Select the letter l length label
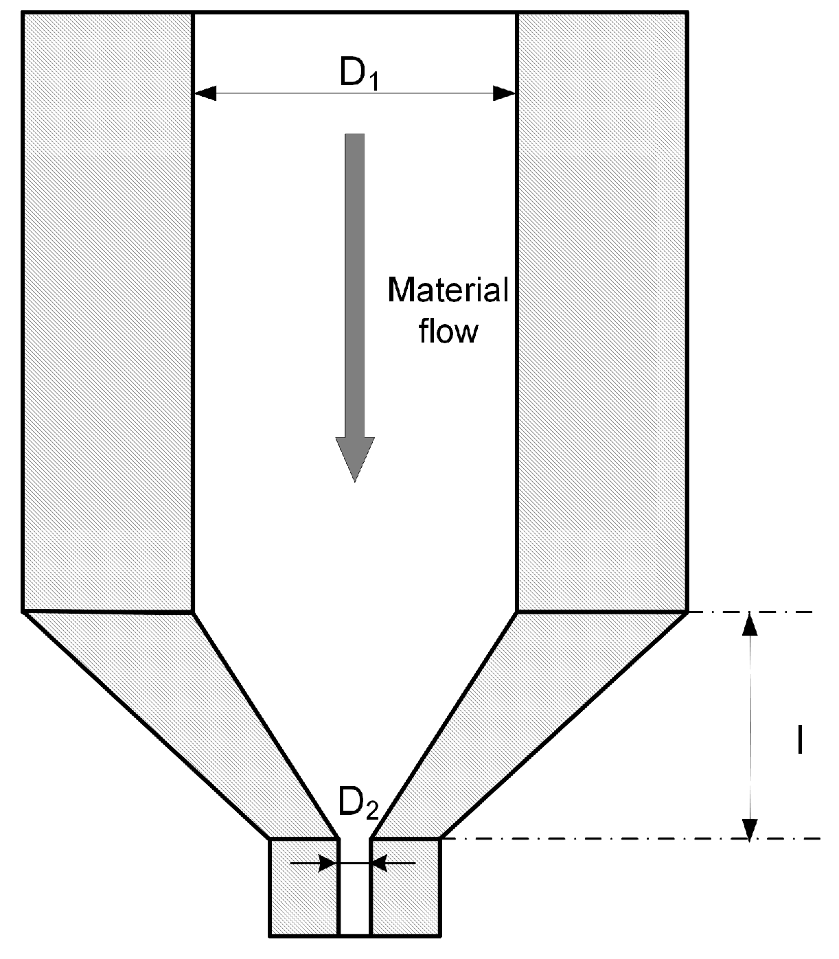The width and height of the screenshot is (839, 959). coord(799,739)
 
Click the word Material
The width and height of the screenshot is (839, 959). coord(448,290)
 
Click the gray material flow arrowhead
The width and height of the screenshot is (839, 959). coord(355,458)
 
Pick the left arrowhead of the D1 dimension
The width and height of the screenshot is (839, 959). coord(205,93)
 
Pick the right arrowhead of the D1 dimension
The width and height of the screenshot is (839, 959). coord(505,93)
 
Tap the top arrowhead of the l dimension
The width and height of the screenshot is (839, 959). coord(751,623)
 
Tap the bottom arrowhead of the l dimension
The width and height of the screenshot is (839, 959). coord(751,827)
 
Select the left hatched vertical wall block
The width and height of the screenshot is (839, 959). coord(108,309)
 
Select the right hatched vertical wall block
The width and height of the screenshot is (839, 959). coord(601,309)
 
